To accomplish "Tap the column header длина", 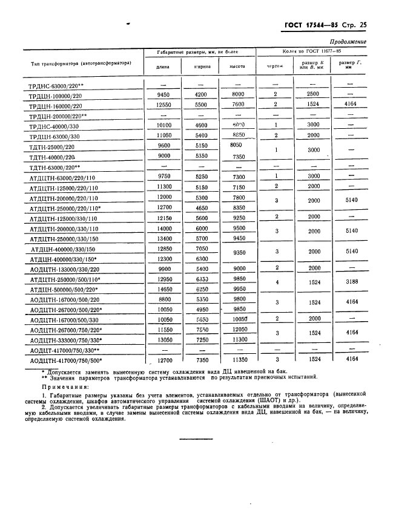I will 162,67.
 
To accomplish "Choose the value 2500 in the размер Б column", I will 312,95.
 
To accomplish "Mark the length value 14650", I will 162,290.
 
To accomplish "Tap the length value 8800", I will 162,299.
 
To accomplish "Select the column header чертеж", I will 275,67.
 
